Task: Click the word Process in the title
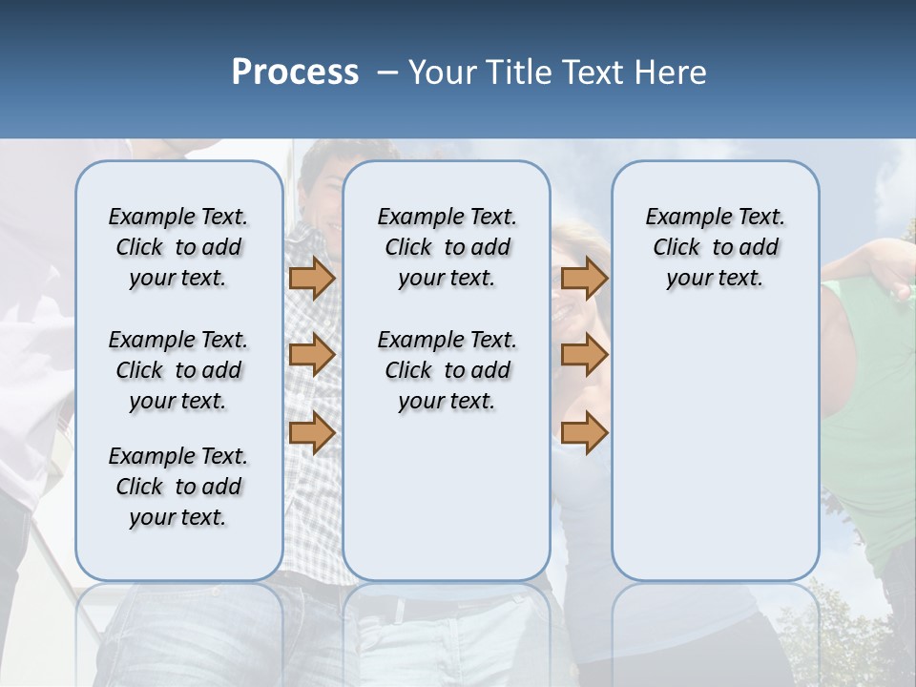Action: click(295, 73)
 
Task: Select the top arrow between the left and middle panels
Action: click(311, 278)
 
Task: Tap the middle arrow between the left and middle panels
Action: click(311, 355)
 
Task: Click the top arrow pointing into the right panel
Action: click(584, 278)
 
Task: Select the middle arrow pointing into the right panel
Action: click(584, 355)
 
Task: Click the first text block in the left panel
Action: click(178, 247)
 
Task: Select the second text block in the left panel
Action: click(178, 370)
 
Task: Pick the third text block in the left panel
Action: click(178, 487)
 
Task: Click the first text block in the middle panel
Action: click(448, 247)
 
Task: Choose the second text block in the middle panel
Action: click(448, 370)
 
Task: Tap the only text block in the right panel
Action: click(716, 247)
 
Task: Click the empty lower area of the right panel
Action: click(716, 448)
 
